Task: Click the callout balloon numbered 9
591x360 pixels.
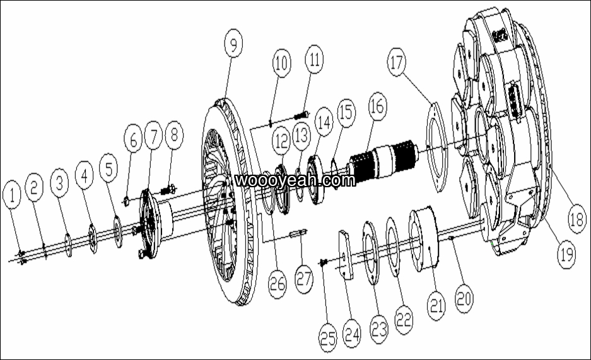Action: click(233, 44)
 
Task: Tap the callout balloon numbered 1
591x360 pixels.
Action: click(12, 195)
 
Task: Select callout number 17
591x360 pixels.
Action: click(397, 62)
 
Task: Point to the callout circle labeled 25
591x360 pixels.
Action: click(327, 338)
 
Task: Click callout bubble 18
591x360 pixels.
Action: click(576, 219)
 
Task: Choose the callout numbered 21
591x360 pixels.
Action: click(436, 306)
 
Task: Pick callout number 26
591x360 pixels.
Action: click(278, 284)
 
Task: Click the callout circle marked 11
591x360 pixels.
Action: click(314, 59)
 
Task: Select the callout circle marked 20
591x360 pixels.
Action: click(464, 298)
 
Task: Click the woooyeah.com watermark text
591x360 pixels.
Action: click(295, 180)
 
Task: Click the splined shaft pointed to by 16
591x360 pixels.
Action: click(383, 160)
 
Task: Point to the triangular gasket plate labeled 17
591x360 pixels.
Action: click(437, 147)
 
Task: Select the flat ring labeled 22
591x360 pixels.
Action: click(393, 247)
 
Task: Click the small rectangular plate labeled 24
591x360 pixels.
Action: click(346, 255)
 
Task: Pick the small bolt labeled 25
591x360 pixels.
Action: click(323, 262)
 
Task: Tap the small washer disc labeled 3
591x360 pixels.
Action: click(68, 245)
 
